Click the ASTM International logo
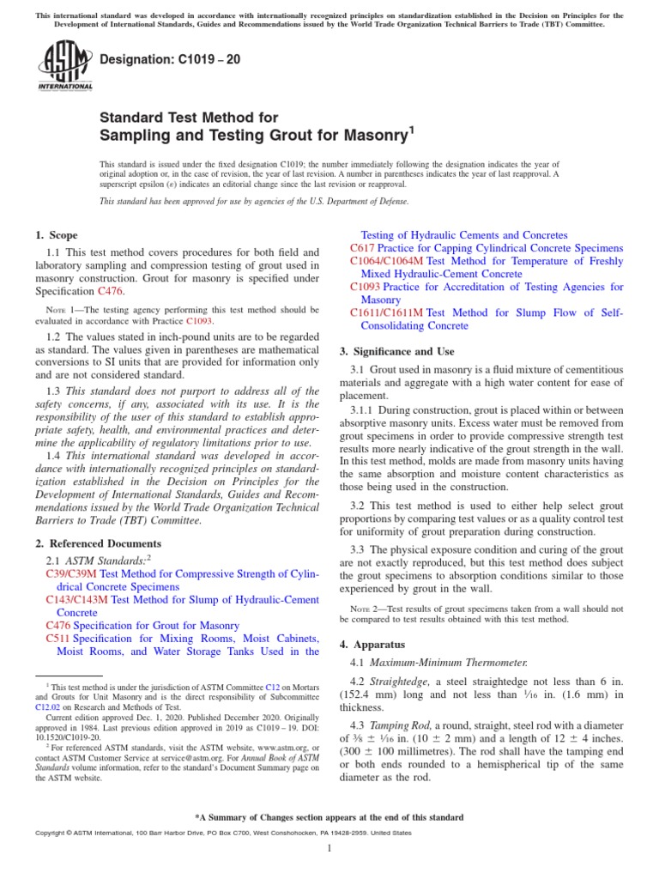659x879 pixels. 65,67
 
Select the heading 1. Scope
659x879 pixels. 56,235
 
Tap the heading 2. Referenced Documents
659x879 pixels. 98,543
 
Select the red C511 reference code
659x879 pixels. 57,639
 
